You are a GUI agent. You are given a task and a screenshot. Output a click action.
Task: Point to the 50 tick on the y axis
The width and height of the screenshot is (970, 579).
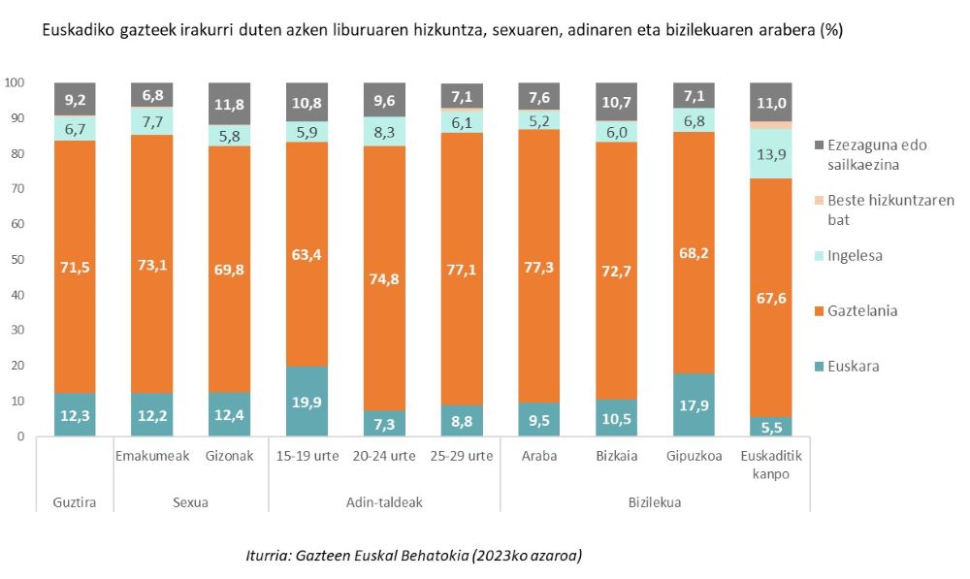click(x=17, y=260)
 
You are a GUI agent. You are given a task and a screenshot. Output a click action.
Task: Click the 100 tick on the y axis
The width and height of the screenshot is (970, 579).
click(x=15, y=83)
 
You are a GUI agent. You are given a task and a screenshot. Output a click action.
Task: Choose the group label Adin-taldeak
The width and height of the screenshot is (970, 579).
click(x=384, y=503)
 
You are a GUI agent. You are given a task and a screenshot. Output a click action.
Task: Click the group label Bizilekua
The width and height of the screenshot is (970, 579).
click(x=655, y=503)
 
